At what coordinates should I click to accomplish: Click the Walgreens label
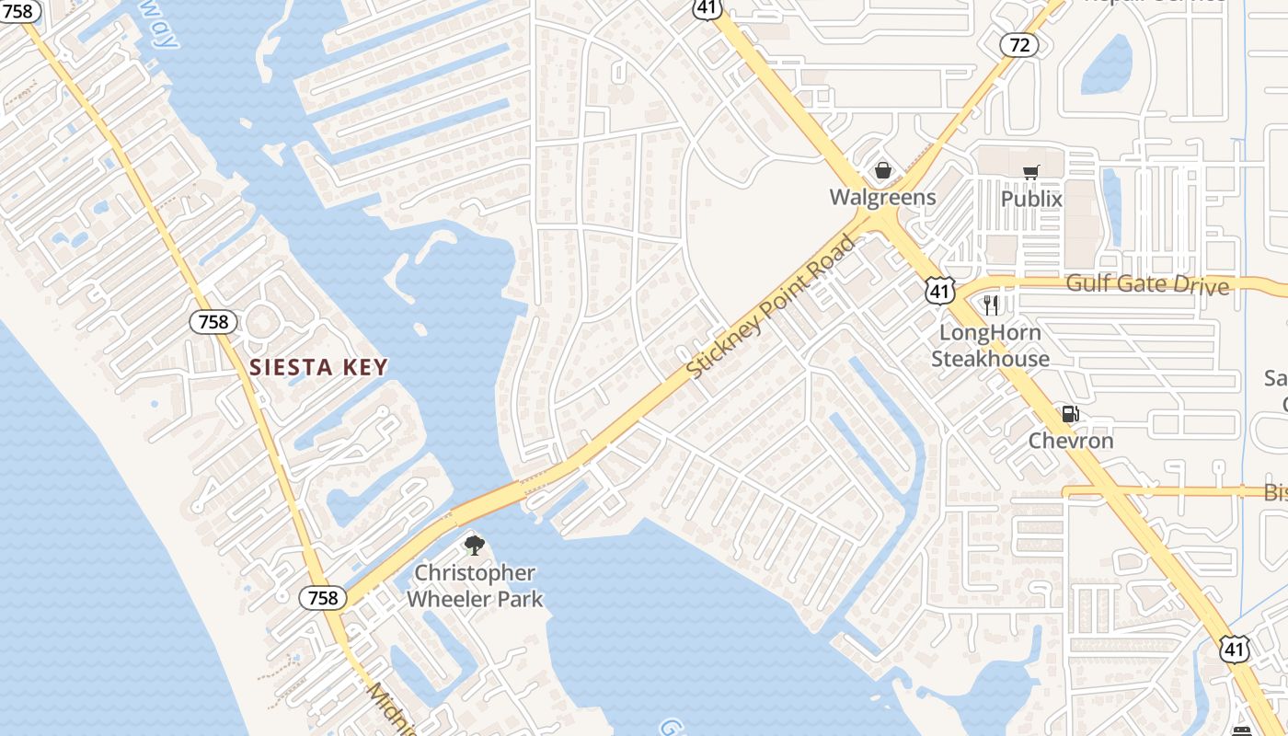pos(882,197)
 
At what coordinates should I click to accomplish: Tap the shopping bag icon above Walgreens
pos(882,170)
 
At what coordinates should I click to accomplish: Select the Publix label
pos(1031,199)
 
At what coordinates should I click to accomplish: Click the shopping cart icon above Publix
pos(1031,172)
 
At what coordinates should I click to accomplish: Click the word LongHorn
pos(990,333)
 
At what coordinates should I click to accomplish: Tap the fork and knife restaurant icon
pos(991,305)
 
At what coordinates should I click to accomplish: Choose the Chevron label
pos(1071,441)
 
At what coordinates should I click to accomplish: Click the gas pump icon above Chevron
pos(1070,414)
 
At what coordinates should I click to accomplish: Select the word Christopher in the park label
pos(475,573)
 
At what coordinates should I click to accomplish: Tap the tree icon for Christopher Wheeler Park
pos(474,546)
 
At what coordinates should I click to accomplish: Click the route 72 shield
pos(1018,44)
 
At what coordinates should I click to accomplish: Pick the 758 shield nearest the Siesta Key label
pos(213,322)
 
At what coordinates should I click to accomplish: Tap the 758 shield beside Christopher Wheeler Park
pos(323,598)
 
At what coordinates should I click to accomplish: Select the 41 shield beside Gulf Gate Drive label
pos(939,292)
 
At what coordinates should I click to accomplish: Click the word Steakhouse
pos(990,359)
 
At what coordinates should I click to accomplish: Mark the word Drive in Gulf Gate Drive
pos(1201,285)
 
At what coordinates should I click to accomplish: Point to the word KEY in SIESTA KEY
pos(362,368)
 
